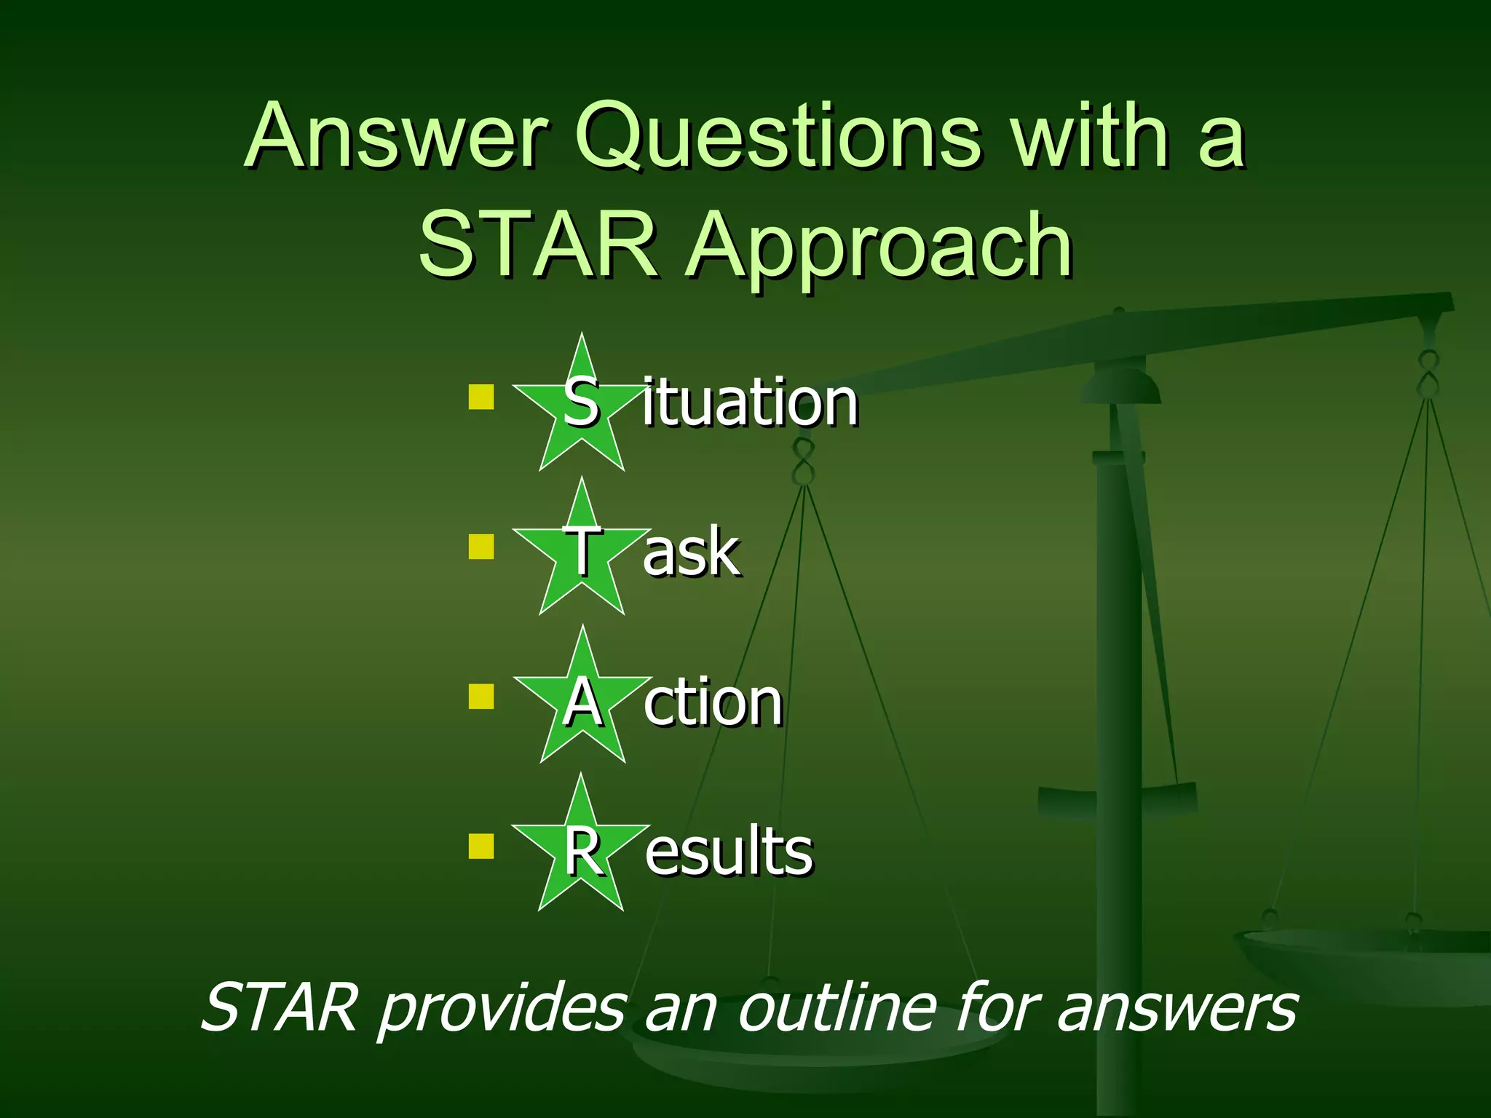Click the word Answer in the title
(x=397, y=137)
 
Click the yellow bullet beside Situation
(x=481, y=397)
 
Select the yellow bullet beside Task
(x=481, y=547)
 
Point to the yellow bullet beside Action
(x=481, y=696)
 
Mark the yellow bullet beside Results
(x=481, y=846)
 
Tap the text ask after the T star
(x=691, y=552)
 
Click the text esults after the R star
(x=729, y=851)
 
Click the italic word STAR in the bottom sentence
(x=280, y=1007)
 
